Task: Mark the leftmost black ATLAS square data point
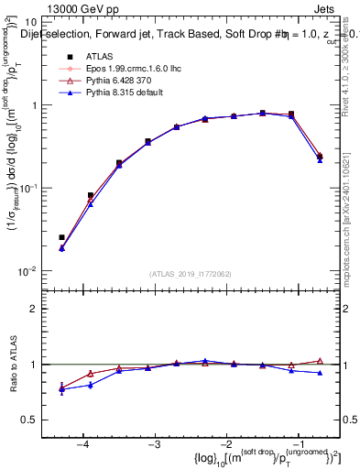[61, 237]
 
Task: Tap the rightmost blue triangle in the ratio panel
[320, 373]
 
